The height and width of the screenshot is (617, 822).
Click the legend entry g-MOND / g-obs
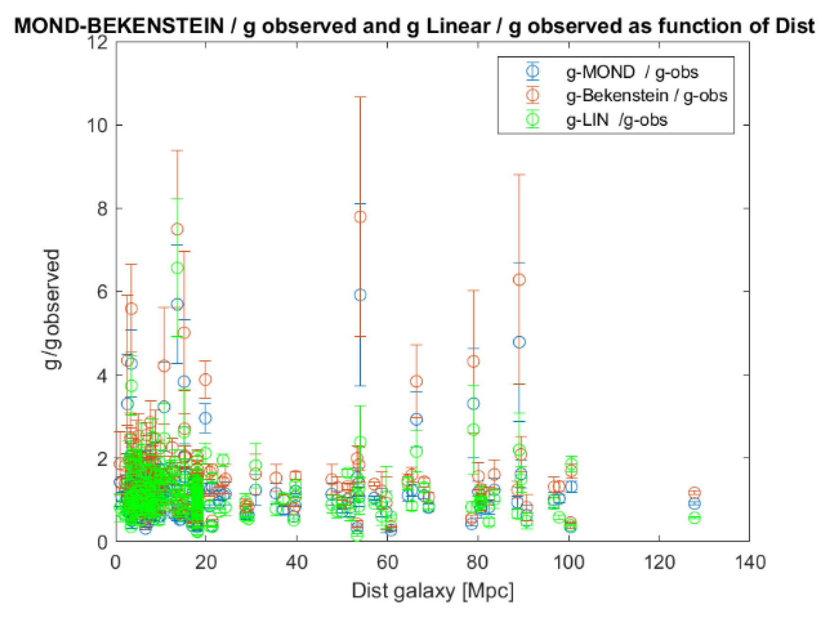631,72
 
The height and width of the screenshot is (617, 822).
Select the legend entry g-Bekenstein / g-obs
646,96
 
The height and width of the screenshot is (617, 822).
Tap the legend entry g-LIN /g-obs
616,120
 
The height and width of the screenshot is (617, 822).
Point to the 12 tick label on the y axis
97,43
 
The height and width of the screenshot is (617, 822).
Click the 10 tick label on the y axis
97,125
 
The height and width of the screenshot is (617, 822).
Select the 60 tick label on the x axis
387,563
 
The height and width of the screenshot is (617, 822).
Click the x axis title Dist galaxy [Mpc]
432,591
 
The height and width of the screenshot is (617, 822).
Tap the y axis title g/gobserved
52,309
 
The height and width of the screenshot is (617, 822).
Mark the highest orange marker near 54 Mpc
360,217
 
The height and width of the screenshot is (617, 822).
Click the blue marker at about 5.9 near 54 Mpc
360,295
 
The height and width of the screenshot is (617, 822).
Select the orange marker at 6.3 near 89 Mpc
519,280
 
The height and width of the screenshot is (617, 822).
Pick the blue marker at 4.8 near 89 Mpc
519,342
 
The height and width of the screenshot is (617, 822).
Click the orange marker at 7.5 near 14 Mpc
177,229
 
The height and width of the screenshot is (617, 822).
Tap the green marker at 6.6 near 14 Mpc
177,268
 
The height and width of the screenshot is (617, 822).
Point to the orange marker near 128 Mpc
694,493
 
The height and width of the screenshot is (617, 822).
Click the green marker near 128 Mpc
694,518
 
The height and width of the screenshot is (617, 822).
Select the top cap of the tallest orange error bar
360,97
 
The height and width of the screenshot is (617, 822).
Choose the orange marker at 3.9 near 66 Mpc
416,381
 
